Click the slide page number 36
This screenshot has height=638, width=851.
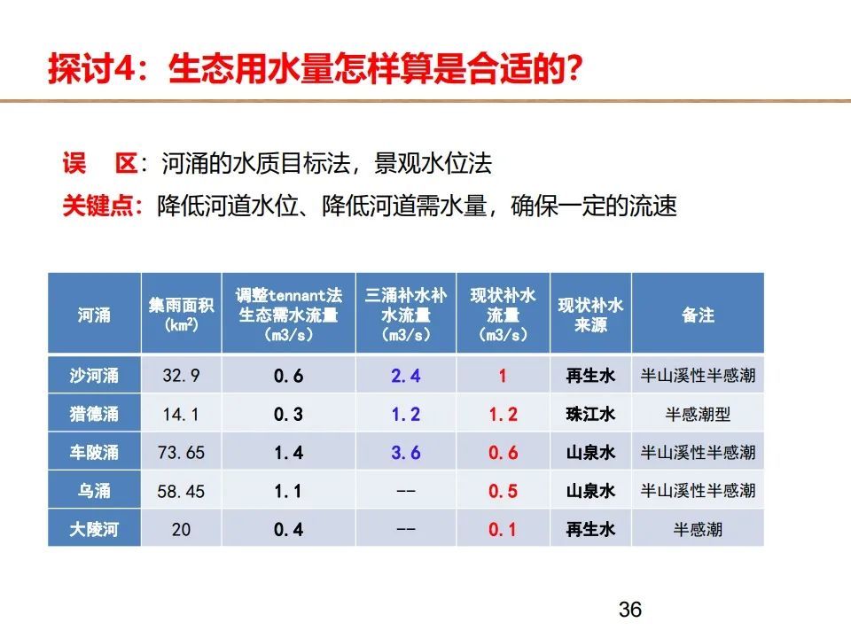(x=630, y=610)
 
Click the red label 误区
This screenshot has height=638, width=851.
(x=100, y=163)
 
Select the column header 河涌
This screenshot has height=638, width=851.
(x=94, y=315)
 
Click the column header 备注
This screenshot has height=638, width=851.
(x=698, y=315)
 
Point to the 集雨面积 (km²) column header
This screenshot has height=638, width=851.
(x=181, y=315)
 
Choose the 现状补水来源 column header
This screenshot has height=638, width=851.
(x=590, y=315)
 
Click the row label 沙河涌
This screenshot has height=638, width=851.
(x=94, y=376)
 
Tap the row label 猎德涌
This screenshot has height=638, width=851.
(x=94, y=414)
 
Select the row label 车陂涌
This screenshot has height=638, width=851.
(x=94, y=452)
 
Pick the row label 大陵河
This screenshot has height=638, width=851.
(x=94, y=529)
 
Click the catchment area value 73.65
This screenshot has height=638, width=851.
(x=181, y=453)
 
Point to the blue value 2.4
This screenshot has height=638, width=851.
(x=406, y=376)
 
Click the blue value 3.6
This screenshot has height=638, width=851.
(x=406, y=453)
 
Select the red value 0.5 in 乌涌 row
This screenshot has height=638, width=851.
(x=504, y=491)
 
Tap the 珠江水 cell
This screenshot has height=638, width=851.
(x=590, y=414)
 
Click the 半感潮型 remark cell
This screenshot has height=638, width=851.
(x=698, y=414)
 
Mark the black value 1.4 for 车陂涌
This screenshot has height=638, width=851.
(x=289, y=453)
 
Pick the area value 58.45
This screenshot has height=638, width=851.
(x=181, y=491)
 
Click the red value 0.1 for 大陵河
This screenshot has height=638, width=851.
(x=503, y=530)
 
